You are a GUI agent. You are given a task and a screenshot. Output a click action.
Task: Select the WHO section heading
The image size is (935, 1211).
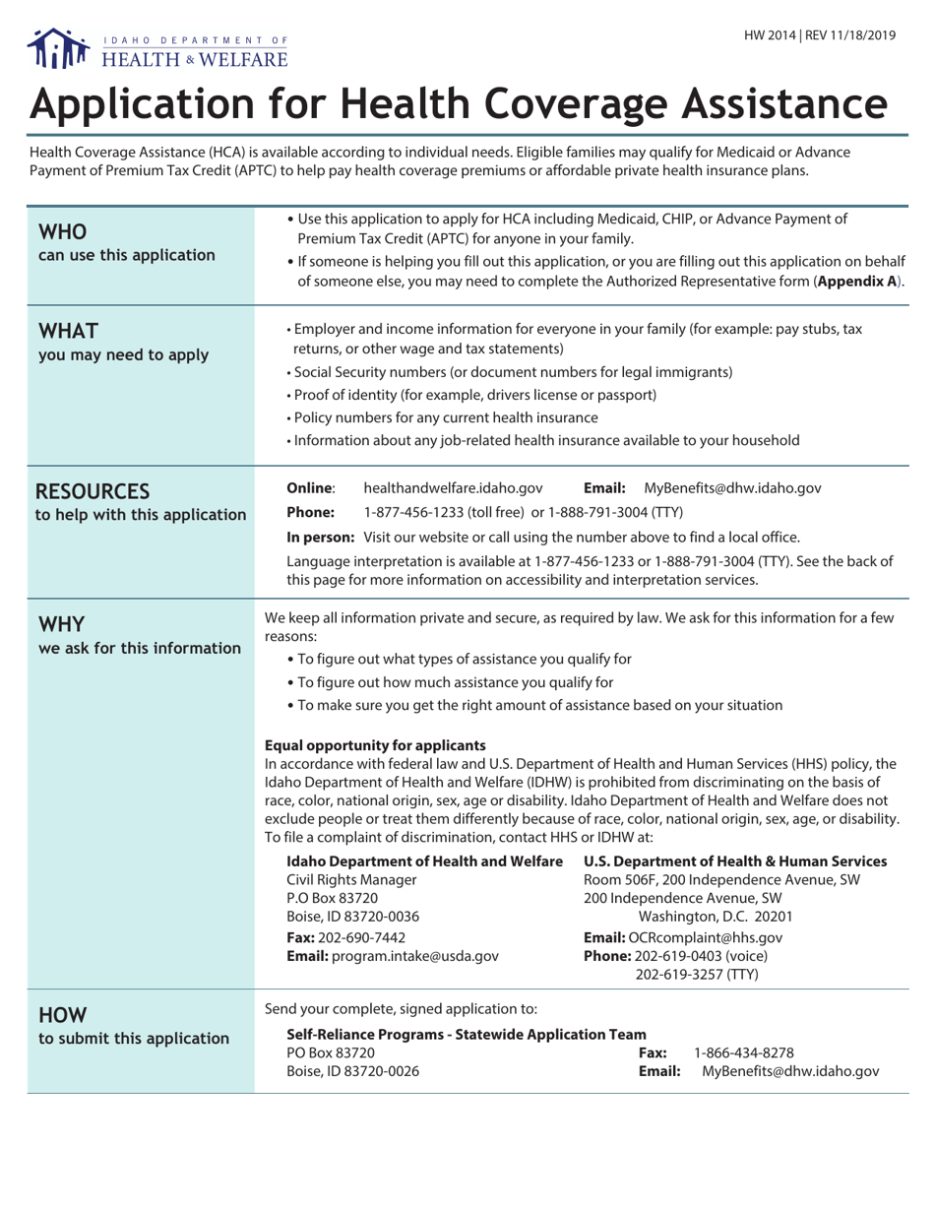click(x=63, y=233)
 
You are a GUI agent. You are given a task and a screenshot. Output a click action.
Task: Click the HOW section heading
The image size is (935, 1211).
click(x=62, y=1014)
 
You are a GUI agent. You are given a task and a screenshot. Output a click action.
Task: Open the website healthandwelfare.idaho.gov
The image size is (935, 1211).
click(x=454, y=487)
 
